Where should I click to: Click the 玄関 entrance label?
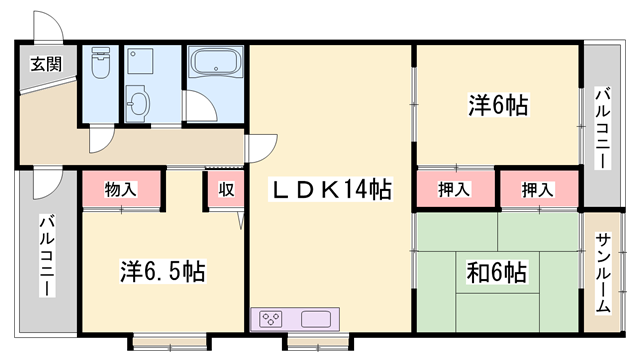pyautogui.click(x=47, y=64)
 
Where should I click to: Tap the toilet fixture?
pyautogui.click(x=101, y=62)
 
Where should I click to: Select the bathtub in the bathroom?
pyautogui.click(x=215, y=62)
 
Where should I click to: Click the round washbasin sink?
pyautogui.click(x=138, y=103)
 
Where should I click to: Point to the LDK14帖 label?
pyautogui.click(x=331, y=189)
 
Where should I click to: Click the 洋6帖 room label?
pyautogui.click(x=498, y=105)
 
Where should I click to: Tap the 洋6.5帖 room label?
pyautogui.click(x=162, y=271)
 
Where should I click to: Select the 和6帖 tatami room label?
pyautogui.click(x=496, y=272)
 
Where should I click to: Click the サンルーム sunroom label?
pyautogui.click(x=603, y=273)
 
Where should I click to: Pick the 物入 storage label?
pyautogui.click(x=120, y=190)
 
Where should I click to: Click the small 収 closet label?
pyautogui.click(x=226, y=189)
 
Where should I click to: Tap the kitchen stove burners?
pyautogui.click(x=271, y=319)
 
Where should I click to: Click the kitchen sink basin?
pyautogui.click(x=316, y=319)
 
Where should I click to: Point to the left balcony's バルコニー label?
pyautogui.click(x=47, y=256)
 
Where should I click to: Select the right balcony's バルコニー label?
pyautogui.click(x=602, y=128)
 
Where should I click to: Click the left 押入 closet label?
pyautogui.click(x=454, y=189)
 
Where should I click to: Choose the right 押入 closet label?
pyautogui.click(x=538, y=190)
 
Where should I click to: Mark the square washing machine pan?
pyautogui.click(x=140, y=61)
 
